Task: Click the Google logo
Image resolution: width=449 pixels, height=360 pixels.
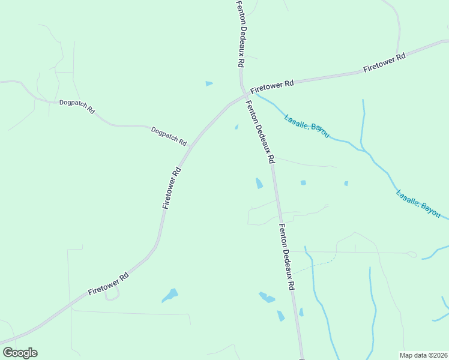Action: [20, 353]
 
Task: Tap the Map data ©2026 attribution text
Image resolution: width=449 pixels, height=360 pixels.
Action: [423, 355]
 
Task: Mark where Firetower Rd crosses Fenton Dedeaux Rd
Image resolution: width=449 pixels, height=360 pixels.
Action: [246, 95]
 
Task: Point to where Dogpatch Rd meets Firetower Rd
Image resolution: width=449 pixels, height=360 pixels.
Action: [190, 145]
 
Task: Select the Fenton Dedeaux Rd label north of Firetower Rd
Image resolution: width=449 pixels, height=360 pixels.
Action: [241, 33]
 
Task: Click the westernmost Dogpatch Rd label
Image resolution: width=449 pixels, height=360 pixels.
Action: [77, 106]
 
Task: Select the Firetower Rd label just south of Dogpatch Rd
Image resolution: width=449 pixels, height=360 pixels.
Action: [172, 188]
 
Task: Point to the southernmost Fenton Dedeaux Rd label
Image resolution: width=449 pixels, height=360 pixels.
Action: [286, 257]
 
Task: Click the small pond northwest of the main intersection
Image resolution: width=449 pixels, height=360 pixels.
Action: [209, 83]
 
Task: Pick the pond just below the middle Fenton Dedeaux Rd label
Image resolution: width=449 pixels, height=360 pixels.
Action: [259, 183]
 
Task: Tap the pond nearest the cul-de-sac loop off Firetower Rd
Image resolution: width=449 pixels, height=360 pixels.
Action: [170, 295]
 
